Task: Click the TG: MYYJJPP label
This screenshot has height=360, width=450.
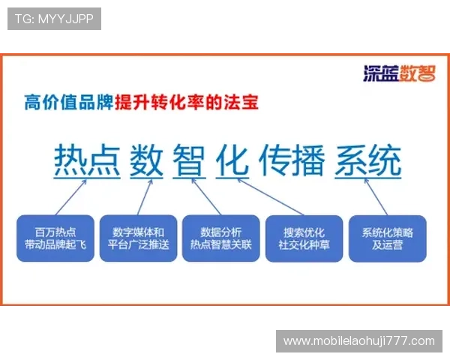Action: [54, 19]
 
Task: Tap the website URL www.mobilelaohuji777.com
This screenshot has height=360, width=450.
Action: [359, 341]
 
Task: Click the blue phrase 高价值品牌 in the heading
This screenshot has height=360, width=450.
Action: [69, 102]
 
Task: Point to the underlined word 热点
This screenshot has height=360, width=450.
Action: [85, 159]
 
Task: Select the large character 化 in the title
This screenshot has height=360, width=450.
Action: [232, 159]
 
